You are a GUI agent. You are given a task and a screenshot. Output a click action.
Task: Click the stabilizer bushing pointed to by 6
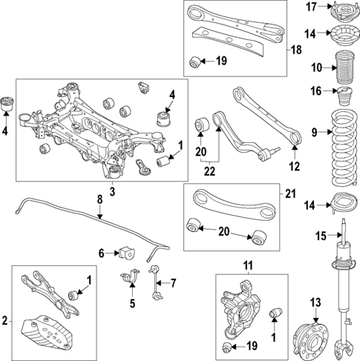(x=123, y=252)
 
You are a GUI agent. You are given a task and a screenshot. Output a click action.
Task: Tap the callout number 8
(x=99, y=198)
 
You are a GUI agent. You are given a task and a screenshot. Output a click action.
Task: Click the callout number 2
(x=7, y=320)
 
